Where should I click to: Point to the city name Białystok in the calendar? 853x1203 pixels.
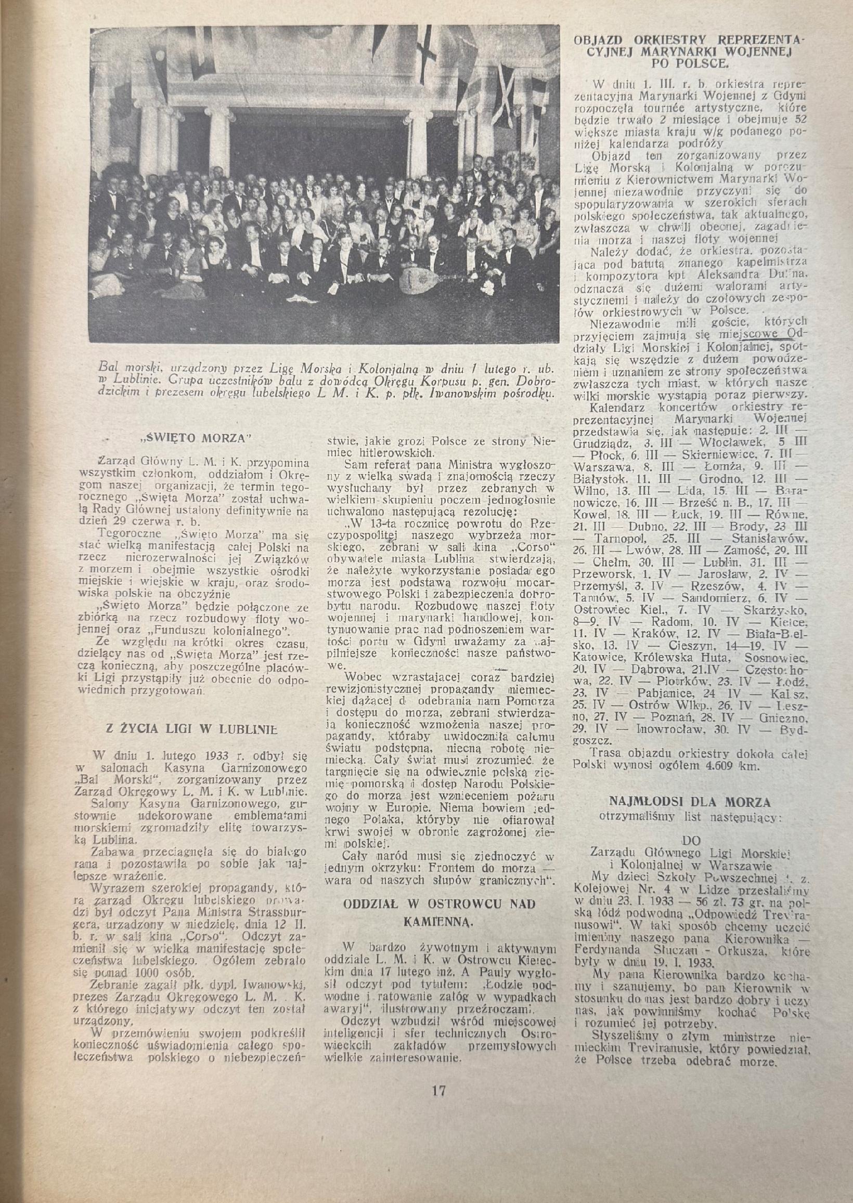pos(601,479)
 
